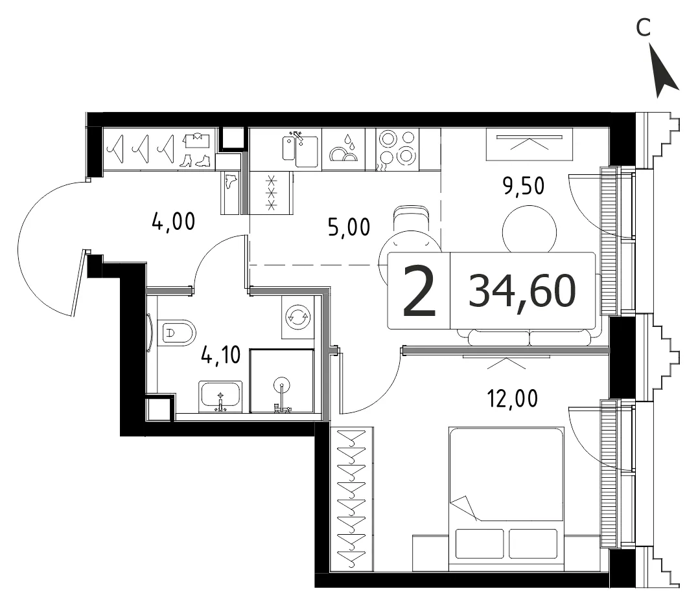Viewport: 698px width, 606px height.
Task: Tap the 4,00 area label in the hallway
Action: click(173, 221)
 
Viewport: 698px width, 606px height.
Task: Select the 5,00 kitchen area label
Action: click(349, 227)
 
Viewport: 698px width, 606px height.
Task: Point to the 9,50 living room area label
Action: click(524, 186)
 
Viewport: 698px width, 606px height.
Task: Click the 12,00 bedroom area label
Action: click(513, 398)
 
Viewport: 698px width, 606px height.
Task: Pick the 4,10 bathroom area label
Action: click(221, 355)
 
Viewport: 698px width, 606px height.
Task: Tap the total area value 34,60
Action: click(522, 291)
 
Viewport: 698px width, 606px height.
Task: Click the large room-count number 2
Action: click(419, 291)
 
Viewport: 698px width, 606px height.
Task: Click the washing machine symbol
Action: click(298, 317)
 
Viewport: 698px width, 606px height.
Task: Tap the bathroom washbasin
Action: click(220, 396)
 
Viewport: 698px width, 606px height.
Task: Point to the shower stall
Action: click(282, 381)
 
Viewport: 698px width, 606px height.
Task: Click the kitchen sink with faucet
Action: click(300, 148)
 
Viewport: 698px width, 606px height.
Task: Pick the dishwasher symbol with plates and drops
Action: click(343, 149)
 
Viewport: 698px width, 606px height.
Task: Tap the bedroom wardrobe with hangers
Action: click(352, 499)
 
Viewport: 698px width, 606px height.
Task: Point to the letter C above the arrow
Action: click(644, 28)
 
